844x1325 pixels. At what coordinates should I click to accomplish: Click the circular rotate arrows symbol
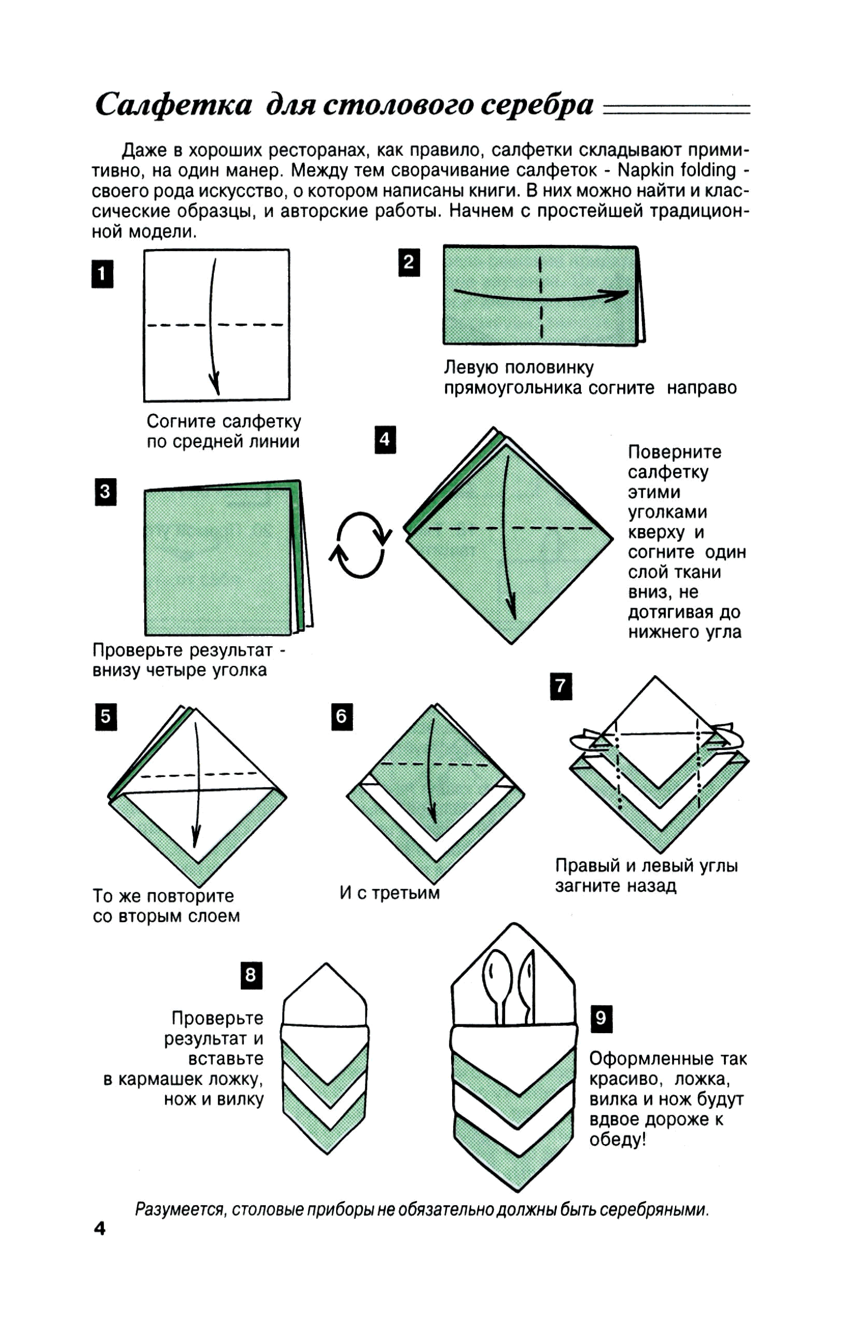360,545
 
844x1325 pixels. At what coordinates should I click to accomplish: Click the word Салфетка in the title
174,104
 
